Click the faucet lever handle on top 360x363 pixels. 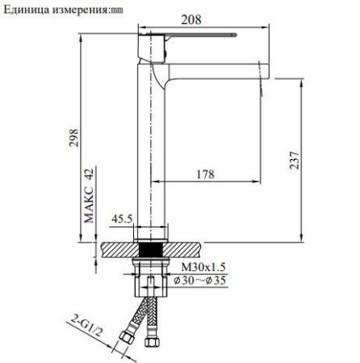click(194, 37)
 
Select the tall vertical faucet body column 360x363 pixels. click(154, 153)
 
